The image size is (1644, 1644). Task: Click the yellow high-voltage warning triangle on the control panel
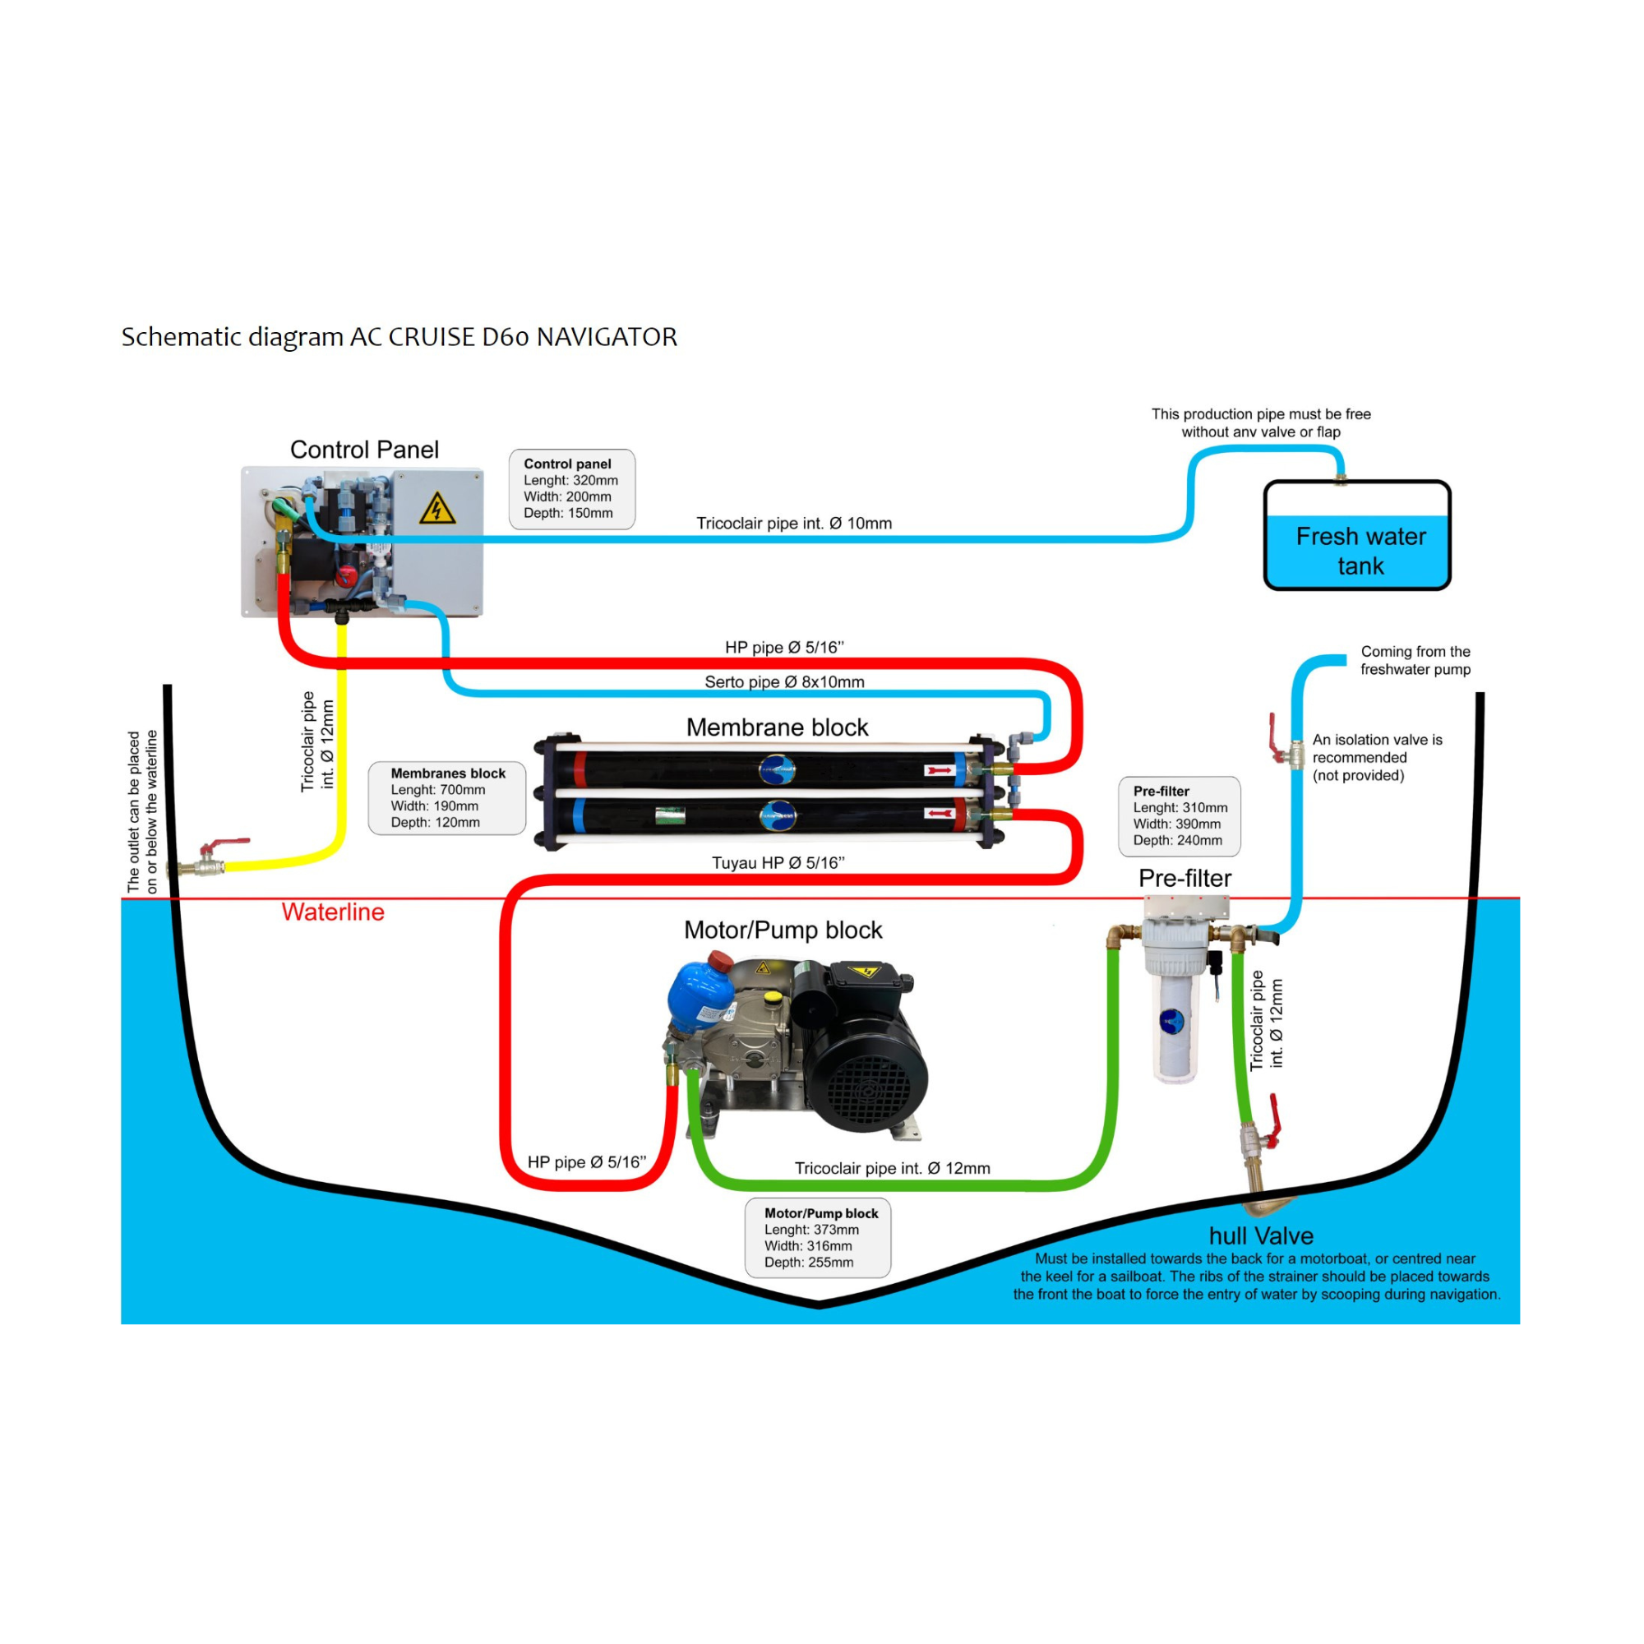[x=437, y=509]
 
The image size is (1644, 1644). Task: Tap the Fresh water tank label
[x=1360, y=551]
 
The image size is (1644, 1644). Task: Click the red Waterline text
[x=333, y=912]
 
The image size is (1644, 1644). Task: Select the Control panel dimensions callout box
[x=571, y=489]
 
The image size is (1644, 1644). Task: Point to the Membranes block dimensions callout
[x=446, y=798]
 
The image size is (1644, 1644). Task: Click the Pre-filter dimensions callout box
[x=1180, y=816]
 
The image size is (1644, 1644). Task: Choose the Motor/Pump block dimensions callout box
[x=818, y=1238]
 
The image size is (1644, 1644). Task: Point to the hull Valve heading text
[x=1261, y=1235]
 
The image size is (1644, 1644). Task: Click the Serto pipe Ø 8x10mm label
[x=783, y=681]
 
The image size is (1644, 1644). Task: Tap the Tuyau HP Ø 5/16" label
[x=778, y=863]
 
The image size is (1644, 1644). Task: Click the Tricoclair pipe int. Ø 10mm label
[x=794, y=524]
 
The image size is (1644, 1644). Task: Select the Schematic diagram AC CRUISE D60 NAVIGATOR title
[x=399, y=337]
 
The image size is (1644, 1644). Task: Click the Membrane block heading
[x=777, y=727]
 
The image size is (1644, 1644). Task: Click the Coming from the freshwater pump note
[x=1415, y=660]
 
